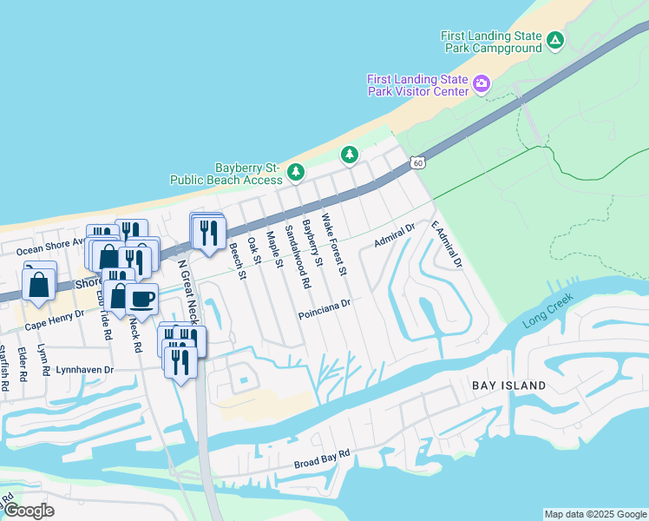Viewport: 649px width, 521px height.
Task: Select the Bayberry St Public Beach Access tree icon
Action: (296, 172)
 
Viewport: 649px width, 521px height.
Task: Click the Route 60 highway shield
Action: (418, 162)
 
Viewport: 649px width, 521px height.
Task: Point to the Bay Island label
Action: (508, 385)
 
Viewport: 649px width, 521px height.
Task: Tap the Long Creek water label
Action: (550, 315)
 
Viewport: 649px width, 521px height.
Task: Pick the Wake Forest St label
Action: (334, 244)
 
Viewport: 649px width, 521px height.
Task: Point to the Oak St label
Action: (254, 250)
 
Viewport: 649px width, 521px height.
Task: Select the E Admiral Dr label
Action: (448, 243)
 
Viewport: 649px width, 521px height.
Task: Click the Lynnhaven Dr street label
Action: (85, 369)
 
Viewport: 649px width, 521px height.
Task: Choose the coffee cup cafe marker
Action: (142, 299)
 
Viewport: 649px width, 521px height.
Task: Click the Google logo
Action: (29, 510)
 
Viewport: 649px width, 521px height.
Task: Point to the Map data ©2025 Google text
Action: (594, 514)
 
